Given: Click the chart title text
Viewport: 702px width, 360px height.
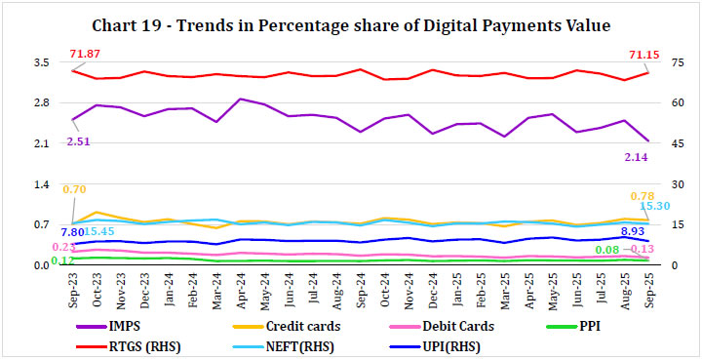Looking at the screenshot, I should [352, 23].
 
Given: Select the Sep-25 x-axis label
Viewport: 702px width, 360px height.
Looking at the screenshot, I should [648, 292].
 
